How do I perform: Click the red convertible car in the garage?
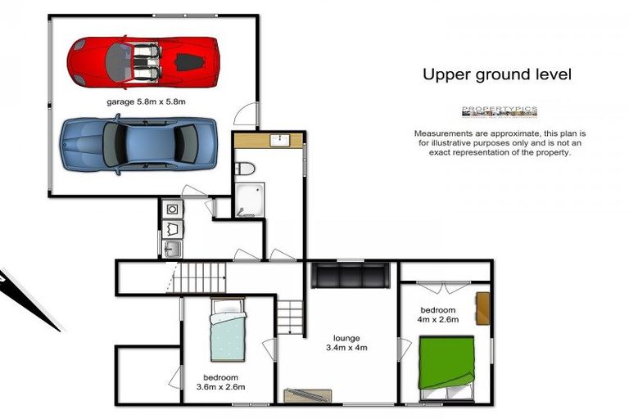point(143,61)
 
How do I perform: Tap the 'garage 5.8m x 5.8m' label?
point(147,102)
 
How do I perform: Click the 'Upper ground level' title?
point(496,74)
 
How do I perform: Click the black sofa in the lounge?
point(350,275)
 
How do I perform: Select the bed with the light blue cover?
point(227,331)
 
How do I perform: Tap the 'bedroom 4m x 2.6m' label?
point(438,315)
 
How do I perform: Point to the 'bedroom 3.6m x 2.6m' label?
point(221,381)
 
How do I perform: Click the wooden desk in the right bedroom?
point(484,307)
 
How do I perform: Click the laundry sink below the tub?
point(172,249)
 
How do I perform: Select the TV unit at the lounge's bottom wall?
point(307,396)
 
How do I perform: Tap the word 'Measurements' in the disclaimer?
point(442,133)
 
